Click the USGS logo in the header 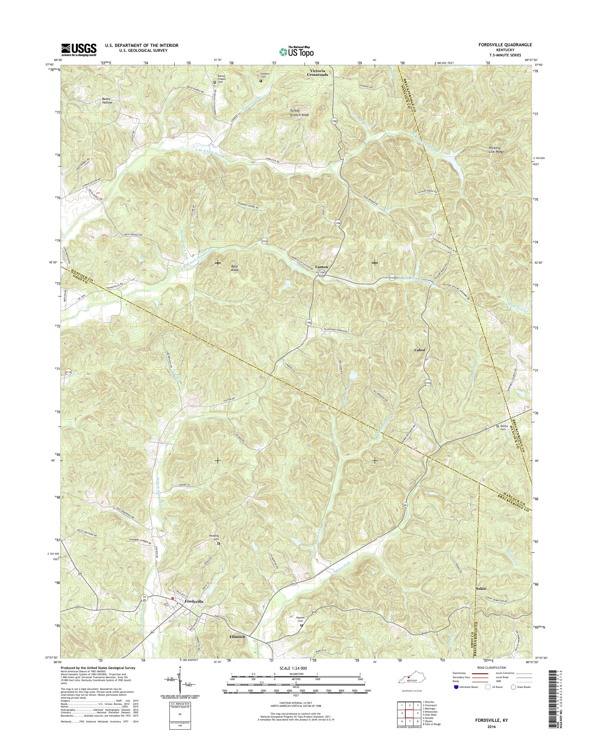tap(79, 50)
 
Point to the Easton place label tap(321, 267)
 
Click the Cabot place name tap(419, 350)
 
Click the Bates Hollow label tap(107, 101)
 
